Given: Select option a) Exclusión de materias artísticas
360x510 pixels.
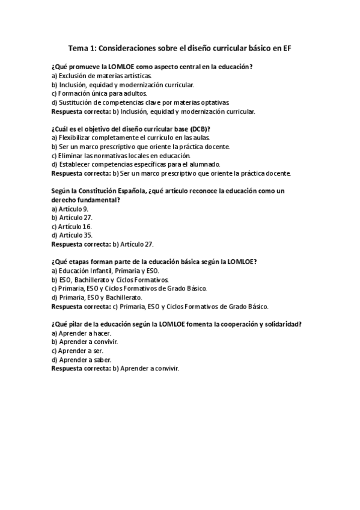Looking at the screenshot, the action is point(101,76).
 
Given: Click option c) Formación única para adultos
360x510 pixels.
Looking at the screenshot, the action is point(99,93).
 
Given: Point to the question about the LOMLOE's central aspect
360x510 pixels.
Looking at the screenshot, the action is point(152,67).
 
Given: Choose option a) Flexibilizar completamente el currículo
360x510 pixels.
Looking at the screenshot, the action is point(130,138).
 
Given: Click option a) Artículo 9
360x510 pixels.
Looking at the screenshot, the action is point(70,209).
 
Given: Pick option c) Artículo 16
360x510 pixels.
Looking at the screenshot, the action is point(72,226).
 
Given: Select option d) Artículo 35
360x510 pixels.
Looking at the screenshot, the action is point(72,235).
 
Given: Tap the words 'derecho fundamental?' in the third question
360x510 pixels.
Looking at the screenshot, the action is point(86,200).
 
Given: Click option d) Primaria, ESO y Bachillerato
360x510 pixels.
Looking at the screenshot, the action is point(97,297).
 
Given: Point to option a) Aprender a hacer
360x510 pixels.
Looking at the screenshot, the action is point(82,333).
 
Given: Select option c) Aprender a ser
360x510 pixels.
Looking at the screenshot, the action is point(78,350).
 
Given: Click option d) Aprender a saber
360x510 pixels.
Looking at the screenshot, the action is point(82,359).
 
